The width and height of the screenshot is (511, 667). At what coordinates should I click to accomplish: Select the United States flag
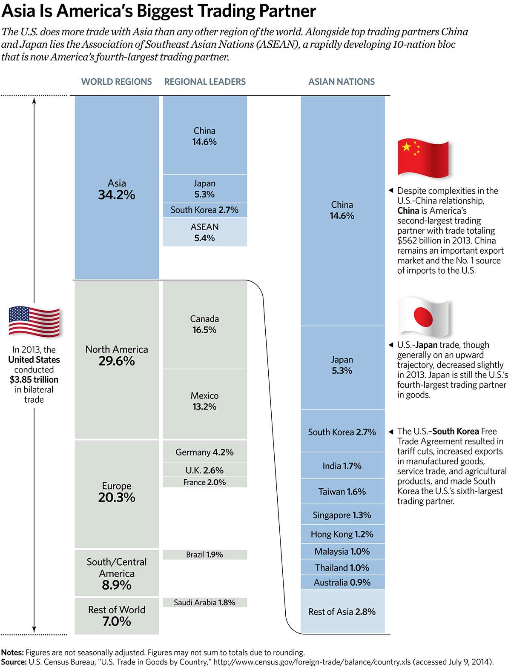click(34, 321)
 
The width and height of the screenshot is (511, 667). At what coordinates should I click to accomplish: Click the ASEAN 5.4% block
click(205, 232)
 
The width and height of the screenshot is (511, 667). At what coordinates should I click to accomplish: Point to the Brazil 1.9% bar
click(205, 555)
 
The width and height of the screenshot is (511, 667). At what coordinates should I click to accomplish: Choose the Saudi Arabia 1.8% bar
click(205, 602)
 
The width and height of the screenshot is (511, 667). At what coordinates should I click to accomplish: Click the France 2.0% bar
click(205, 482)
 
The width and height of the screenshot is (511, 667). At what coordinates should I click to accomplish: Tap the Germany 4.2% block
click(205, 452)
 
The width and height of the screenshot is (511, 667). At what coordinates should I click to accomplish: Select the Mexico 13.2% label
click(205, 401)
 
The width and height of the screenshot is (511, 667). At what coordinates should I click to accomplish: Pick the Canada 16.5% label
click(204, 324)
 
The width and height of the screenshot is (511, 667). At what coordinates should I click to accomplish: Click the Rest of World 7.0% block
click(117, 616)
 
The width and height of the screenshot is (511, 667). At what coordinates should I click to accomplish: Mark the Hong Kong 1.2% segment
click(342, 534)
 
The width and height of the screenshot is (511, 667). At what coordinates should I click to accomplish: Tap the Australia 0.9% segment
click(342, 582)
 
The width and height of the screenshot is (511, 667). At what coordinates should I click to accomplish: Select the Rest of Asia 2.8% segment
click(342, 612)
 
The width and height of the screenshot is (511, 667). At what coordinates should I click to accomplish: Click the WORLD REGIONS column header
click(117, 82)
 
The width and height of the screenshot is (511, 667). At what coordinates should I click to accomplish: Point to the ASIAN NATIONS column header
click(342, 82)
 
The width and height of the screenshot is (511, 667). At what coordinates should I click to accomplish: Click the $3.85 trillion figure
click(34, 380)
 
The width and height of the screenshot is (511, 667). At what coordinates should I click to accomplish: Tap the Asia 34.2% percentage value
click(117, 195)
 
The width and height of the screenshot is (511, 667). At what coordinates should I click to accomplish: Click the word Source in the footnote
click(14, 662)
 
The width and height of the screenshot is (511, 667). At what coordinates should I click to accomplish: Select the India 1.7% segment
click(342, 466)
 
